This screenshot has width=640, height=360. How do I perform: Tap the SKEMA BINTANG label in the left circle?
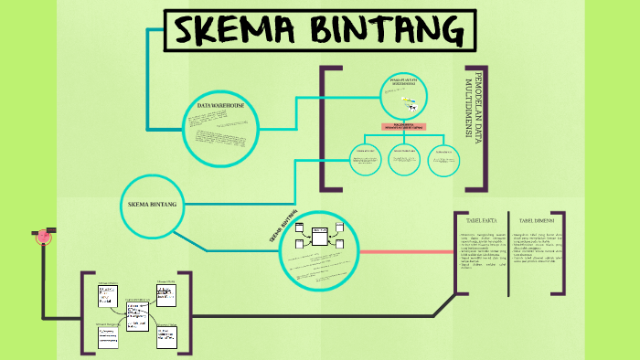[153, 203]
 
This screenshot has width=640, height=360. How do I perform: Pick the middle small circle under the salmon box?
[404, 159]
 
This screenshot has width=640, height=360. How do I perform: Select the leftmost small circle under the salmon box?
[365, 159]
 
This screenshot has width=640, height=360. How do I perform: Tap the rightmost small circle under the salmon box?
[443, 159]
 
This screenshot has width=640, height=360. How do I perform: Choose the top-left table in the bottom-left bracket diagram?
[109, 296]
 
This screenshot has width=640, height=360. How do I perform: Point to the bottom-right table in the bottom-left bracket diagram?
[166, 335]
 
